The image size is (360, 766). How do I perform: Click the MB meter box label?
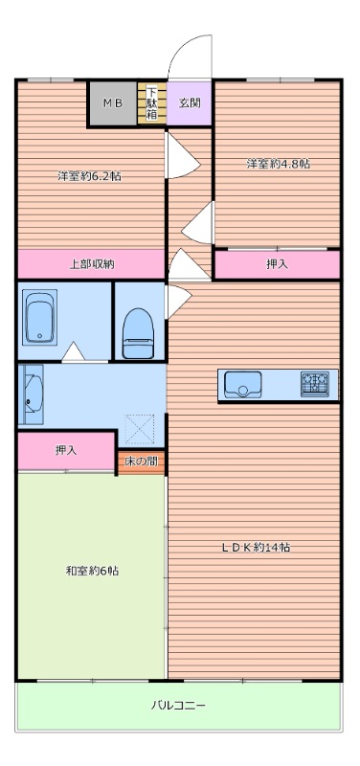tap(112, 103)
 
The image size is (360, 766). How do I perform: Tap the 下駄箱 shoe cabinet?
tap(152, 103)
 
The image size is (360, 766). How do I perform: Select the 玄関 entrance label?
tap(189, 103)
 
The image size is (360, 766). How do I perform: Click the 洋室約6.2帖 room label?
tap(89, 176)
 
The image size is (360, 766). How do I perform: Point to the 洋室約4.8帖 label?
tap(278, 164)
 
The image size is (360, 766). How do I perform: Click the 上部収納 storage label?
tap(91, 264)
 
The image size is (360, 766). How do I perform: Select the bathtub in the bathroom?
tap(40, 316)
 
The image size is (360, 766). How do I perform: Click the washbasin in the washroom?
tap(32, 394)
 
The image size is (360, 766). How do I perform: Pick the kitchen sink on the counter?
tap(243, 385)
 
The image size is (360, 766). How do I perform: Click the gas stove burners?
tap(315, 384)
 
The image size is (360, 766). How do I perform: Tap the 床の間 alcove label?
tap(141, 462)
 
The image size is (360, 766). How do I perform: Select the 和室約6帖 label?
tap(92, 570)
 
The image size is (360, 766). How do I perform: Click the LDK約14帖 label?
tap(257, 547)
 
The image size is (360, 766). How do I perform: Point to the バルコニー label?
tap(178, 706)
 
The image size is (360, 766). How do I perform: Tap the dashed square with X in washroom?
tap(140, 428)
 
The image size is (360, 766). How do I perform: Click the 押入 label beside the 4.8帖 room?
tap(277, 264)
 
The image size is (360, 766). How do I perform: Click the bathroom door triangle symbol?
tap(74, 351)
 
